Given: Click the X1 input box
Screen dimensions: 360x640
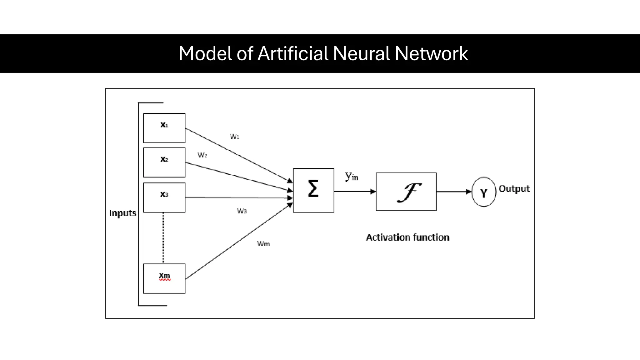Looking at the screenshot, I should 164,128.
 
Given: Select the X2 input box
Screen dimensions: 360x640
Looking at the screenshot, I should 164,162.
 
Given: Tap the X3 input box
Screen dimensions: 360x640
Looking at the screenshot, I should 164,197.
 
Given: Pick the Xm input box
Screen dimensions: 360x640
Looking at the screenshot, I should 164,278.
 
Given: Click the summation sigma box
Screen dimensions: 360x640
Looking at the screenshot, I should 313,190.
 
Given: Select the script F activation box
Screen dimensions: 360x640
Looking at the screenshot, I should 406,192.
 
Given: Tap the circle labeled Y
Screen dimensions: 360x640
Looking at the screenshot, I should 483,192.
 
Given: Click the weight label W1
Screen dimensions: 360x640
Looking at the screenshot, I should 234,136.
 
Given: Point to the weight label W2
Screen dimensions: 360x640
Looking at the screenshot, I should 202,155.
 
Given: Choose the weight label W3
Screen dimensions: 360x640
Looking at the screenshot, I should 242,211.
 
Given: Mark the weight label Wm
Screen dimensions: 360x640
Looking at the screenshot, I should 263,244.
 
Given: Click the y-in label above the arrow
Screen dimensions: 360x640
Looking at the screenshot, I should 351,177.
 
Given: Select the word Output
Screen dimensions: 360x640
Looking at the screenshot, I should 514,189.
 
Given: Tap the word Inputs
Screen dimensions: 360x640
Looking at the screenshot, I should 122,213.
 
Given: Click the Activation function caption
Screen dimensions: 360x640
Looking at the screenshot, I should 407,237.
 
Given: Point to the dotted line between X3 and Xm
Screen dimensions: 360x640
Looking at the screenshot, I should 163,237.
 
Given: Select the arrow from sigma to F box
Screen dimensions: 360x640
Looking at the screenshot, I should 355,191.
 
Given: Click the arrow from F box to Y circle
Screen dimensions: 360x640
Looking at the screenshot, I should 453,192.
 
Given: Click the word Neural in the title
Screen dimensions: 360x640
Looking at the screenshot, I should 361,53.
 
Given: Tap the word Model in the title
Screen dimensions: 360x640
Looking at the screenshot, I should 205,53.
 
